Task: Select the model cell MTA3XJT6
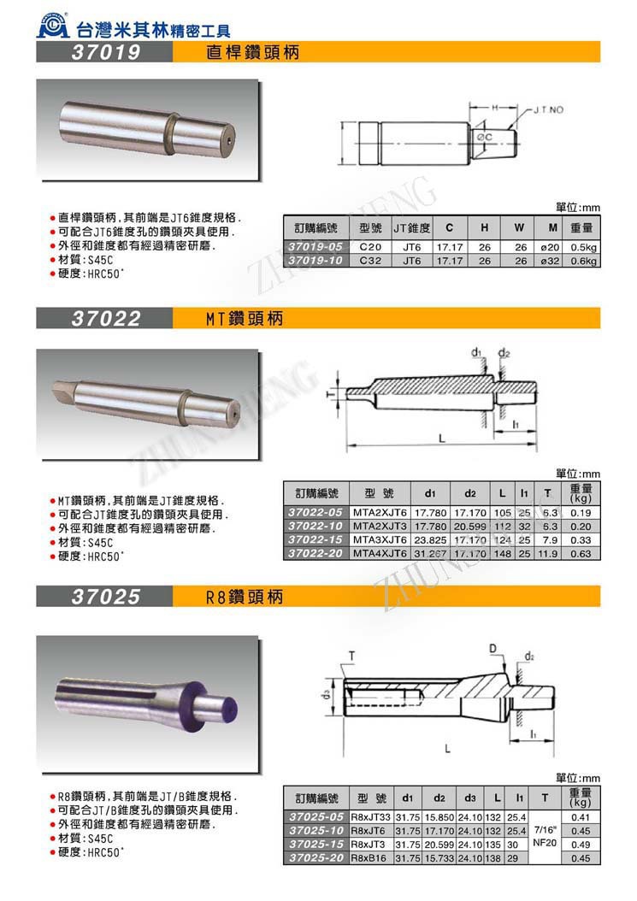point(380,540)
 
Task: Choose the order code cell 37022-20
point(316,554)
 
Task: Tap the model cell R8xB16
point(370,857)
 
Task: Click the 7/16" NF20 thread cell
point(545,836)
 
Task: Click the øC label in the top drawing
point(484,137)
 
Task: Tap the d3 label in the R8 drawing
point(327,694)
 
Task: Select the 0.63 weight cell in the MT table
point(581,554)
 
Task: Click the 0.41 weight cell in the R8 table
point(581,816)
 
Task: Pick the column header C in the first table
point(448,228)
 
